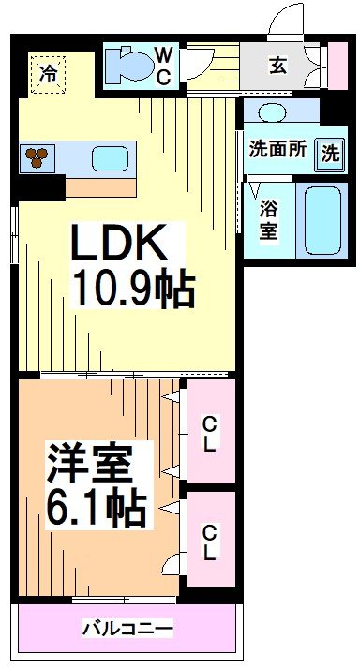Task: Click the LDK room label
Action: pyautogui.click(x=121, y=245)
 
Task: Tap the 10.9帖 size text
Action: pyautogui.click(x=131, y=289)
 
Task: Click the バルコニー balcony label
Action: pyautogui.click(x=126, y=626)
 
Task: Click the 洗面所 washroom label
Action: pyautogui.click(x=277, y=150)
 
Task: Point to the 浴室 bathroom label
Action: pyautogui.click(x=268, y=220)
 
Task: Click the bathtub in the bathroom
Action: pyautogui.click(x=324, y=220)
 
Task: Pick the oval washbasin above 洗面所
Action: pyautogui.click(x=273, y=112)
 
